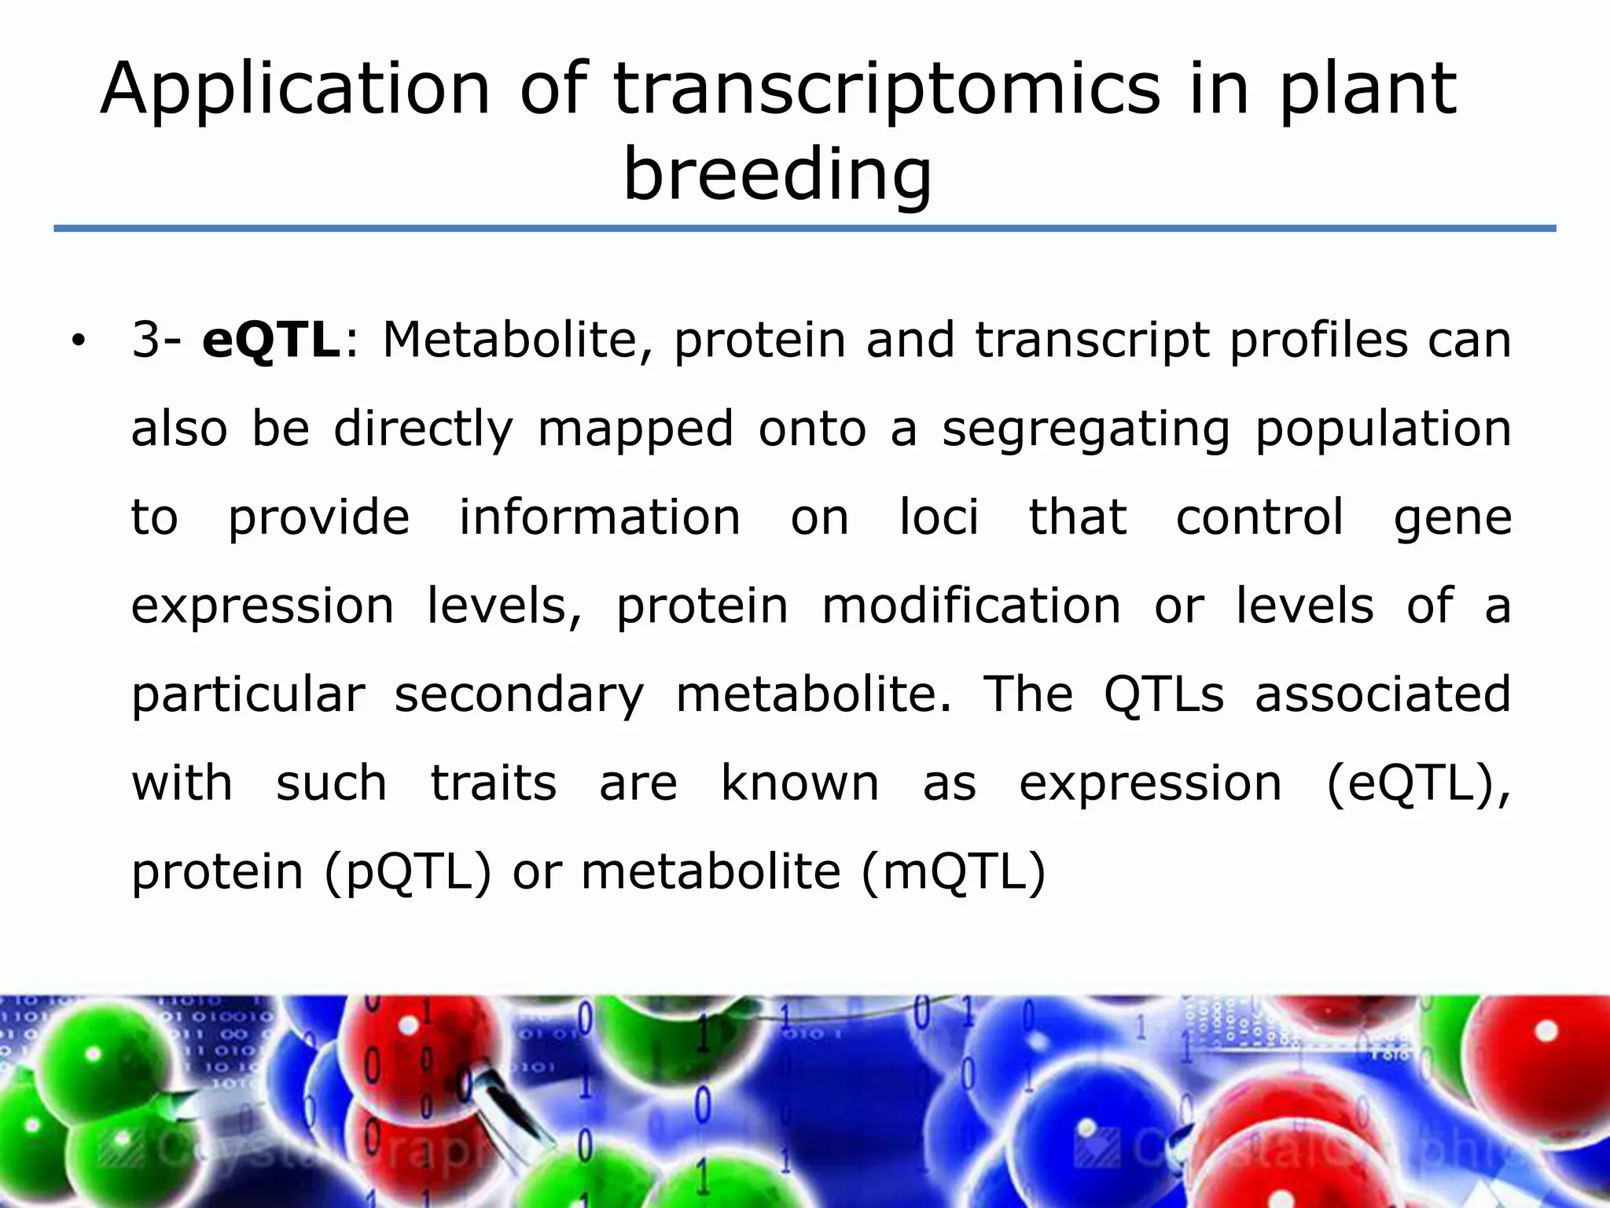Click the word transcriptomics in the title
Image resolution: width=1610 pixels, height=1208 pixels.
(886, 90)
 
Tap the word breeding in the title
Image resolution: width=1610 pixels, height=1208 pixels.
(777, 175)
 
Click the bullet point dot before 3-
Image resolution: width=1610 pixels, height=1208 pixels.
(77, 341)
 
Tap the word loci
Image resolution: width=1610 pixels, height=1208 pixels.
(939, 517)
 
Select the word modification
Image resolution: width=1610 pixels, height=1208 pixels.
(972, 606)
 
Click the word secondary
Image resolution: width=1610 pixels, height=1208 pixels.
(519, 695)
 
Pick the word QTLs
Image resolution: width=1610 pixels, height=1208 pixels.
(1164, 694)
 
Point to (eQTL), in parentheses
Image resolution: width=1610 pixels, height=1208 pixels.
(1418, 784)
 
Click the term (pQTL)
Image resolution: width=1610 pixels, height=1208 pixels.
(408, 872)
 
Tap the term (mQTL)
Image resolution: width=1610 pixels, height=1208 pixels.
(954, 872)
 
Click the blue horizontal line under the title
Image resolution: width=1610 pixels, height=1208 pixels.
(805, 229)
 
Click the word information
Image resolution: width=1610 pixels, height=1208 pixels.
(600, 517)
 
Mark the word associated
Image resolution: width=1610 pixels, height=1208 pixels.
(1383, 694)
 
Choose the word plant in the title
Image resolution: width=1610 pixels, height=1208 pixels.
(1368, 90)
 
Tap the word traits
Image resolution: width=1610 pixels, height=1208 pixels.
(494, 783)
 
